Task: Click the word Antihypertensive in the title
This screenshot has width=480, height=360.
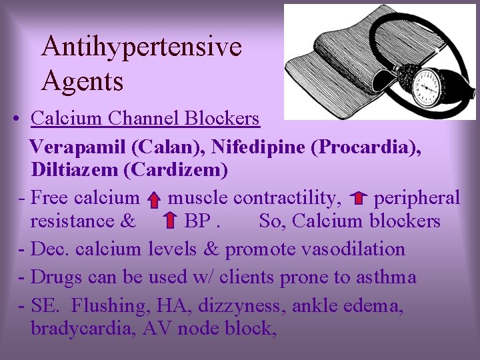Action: coord(141,47)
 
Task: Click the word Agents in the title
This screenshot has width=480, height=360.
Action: coord(82,81)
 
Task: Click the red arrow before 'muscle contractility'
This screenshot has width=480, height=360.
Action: coord(153,199)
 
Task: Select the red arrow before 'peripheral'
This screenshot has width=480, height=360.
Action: coord(359,198)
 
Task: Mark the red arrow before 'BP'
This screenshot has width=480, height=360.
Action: coord(170,220)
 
